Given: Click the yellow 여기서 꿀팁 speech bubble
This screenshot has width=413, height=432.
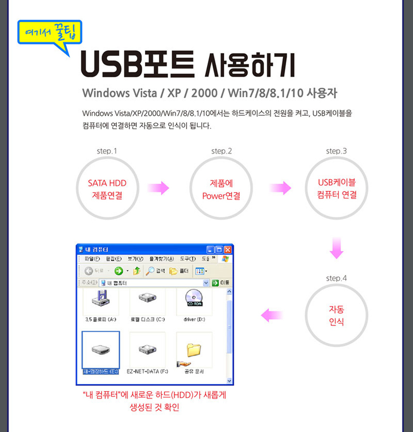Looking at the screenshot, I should (x=50, y=33).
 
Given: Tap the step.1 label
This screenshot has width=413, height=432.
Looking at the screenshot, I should (x=107, y=151).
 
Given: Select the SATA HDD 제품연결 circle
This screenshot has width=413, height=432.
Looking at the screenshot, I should (x=107, y=189).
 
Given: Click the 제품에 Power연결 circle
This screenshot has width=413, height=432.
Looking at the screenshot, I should (x=221, y=189).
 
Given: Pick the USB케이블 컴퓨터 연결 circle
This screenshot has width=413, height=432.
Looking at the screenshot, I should (x=336, y=189).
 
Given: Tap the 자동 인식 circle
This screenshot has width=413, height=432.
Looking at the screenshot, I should (x=336, y=315).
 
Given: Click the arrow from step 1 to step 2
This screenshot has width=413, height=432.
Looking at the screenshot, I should (x=158, y=188).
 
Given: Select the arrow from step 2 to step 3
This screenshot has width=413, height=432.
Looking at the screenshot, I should (x=280, y=188).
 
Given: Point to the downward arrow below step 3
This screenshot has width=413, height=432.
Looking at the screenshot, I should (x=337, y=248).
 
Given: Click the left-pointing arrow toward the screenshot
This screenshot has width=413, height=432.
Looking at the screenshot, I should (x=272, y=315).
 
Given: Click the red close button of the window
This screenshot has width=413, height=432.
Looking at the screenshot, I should (x=228, y=250).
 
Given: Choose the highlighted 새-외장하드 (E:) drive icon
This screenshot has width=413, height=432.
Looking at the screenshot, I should (x=100, y=349).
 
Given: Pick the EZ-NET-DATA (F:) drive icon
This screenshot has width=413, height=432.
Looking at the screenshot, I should (x=147, y=349).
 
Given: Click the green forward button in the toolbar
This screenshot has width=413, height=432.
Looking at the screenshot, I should (x=118, y=271).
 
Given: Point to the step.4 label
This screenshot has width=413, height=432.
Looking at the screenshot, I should (x=336, y=278).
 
